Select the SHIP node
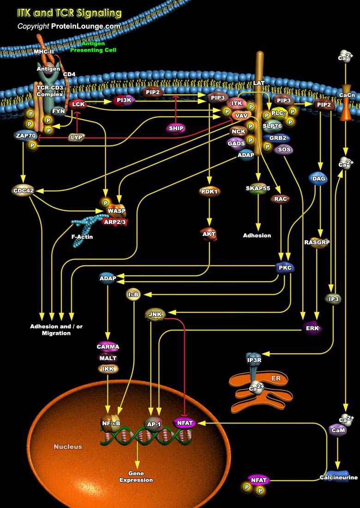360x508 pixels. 176,128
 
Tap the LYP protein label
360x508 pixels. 76,137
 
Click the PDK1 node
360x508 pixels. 210,191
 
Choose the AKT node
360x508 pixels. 209,234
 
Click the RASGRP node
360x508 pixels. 317,242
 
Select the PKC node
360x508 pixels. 284,267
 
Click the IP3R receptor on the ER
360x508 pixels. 255,360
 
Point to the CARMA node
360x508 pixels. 108,346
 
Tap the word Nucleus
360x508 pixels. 68,447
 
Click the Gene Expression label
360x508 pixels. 136,477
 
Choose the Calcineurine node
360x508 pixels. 339,478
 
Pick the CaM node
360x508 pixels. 336,430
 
